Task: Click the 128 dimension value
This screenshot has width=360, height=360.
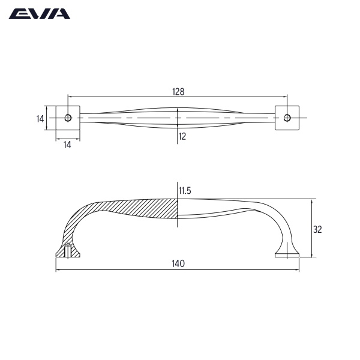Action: (x=178, y=92)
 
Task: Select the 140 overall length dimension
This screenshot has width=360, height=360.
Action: (x=178, y=264)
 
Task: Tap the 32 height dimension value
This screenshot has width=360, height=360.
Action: (x=319, y=229)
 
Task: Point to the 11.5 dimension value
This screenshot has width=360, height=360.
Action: (x=185, y=191)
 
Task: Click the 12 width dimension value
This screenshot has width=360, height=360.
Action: (x=182, y=137)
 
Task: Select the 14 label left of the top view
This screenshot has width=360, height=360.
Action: (x=40, y=119)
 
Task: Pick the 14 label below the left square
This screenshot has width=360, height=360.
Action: (x=67, y=145)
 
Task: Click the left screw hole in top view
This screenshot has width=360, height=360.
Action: (x=68, y=117)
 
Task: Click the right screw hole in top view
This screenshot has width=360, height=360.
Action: (x=287, y=117)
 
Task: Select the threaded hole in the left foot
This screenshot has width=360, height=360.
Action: (x=68, y=251)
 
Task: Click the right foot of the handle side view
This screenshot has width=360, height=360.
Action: (x=287, y=254)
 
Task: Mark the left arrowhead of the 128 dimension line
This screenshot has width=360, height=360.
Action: (x=70, y=96)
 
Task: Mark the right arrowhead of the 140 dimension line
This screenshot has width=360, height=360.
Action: (x=296, y=269)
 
